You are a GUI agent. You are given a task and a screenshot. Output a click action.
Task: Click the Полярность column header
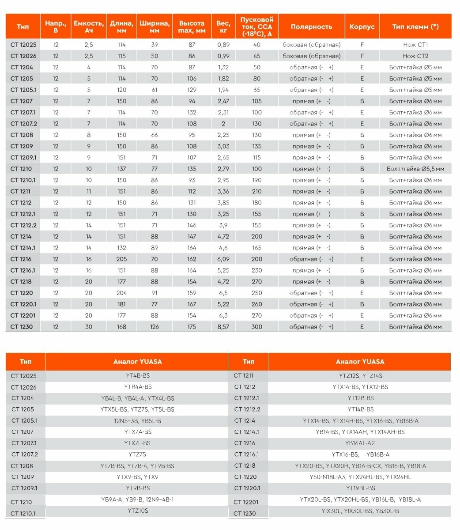click(x=311, y=26)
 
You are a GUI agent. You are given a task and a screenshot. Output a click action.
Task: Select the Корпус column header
click(x=362, y=26)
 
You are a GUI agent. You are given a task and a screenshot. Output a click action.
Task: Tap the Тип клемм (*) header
click(x=415, y=26)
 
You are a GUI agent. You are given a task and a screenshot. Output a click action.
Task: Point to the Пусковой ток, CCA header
click(x=257, y=26)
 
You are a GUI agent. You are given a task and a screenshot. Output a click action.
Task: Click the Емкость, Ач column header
click(x=89, y=26)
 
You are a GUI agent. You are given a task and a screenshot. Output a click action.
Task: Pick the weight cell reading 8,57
click(x=223, y=327)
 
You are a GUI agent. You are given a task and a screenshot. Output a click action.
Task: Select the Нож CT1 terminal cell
click(x=415, y=45)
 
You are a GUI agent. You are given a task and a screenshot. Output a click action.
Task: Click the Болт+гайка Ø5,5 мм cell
click(x=415, y=169)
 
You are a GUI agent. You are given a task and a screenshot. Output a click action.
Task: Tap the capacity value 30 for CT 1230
click(x=89, y=327)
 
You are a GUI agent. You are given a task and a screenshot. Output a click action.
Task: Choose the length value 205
click(x=121, y=259)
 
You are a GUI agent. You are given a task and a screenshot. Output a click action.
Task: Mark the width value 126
click(x=155, y=327)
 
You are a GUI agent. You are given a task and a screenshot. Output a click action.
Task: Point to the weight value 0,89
click(x=223, y=45)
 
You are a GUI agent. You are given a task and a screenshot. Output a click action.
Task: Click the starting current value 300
click(x=257, y=327)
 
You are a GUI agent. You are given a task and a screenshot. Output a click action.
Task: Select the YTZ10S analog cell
click(x=138, y=511)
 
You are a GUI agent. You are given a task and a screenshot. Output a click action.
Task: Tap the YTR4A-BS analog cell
click(x=138, y=387)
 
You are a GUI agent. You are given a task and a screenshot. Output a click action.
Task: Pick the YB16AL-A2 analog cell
click(x=360, y=443)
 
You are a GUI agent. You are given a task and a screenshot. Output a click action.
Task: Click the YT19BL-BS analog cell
click(x=360, y=488)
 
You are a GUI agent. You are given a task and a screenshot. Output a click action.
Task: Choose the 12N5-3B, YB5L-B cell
click(x=138, y=421)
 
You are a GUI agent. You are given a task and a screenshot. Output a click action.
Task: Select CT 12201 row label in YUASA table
click(x=246, y=502)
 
